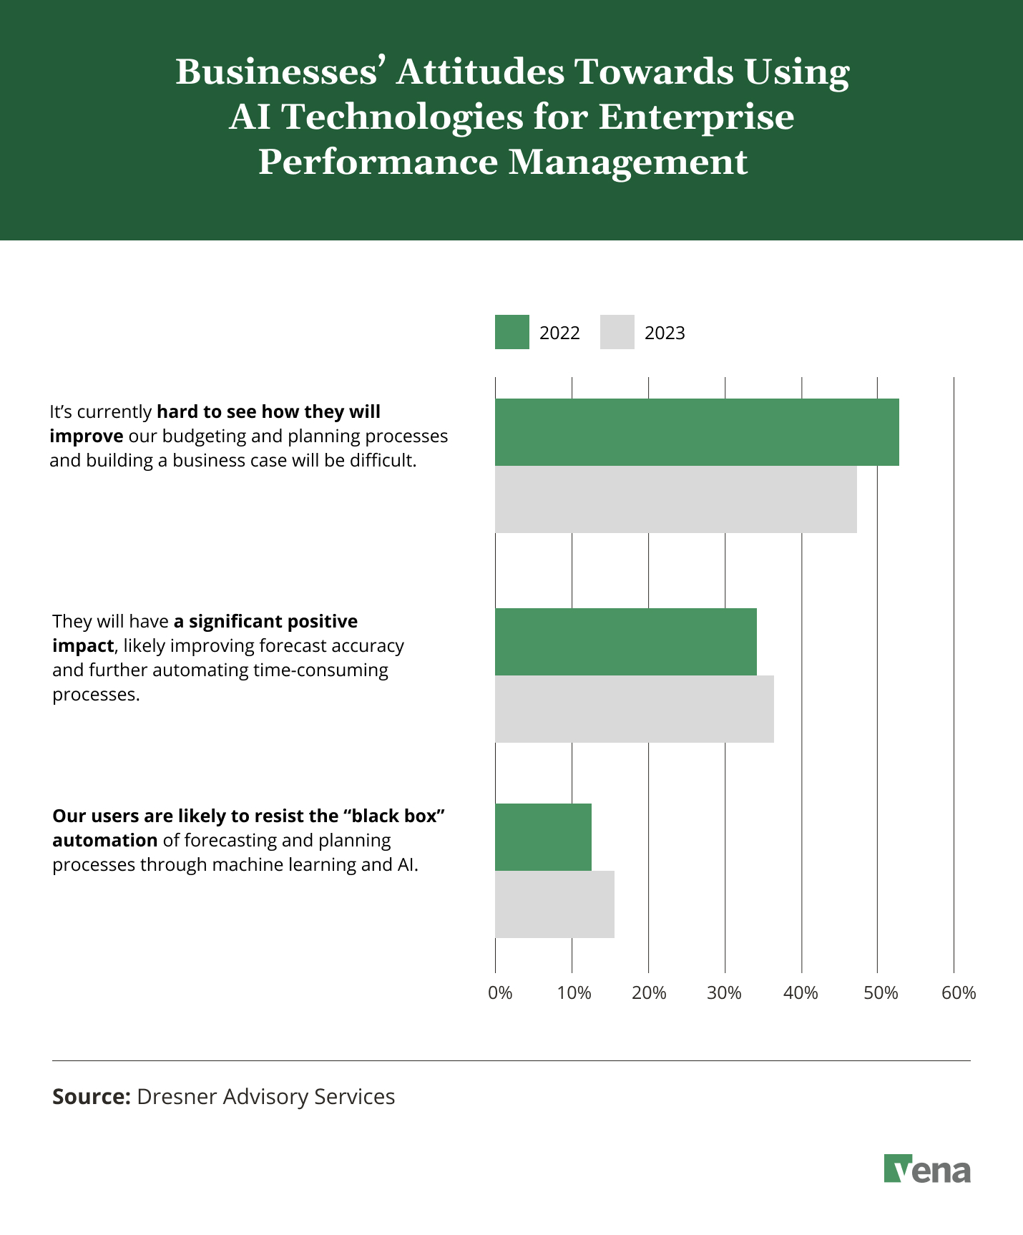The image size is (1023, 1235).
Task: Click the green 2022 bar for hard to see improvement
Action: coord(697,432)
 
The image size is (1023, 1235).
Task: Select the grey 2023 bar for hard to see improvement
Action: coord(675,499)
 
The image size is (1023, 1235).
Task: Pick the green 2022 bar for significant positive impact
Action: coord(625,642)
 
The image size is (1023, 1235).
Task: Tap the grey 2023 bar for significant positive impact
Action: coord(634,709)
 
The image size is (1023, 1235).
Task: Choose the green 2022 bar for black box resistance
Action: coord(543,837)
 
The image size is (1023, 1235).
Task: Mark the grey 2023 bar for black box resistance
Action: coord(554,904)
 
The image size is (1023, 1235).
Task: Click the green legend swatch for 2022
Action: coord(511,332)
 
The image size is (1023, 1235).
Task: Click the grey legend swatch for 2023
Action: coord(617,332)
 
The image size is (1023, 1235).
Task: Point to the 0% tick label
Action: coord(500,993)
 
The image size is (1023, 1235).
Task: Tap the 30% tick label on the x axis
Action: coord(724,993)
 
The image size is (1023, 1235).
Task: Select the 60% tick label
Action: coord(958,993)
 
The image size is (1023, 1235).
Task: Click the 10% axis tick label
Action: coord(574,993)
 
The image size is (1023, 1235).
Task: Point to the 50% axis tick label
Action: coord(880,993)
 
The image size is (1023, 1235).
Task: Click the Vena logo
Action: coord(927,1169)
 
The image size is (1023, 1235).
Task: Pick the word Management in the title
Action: coord(627,162)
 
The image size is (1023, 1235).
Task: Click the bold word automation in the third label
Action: coord(104,840)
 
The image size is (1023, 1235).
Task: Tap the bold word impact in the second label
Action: coord(82,645)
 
